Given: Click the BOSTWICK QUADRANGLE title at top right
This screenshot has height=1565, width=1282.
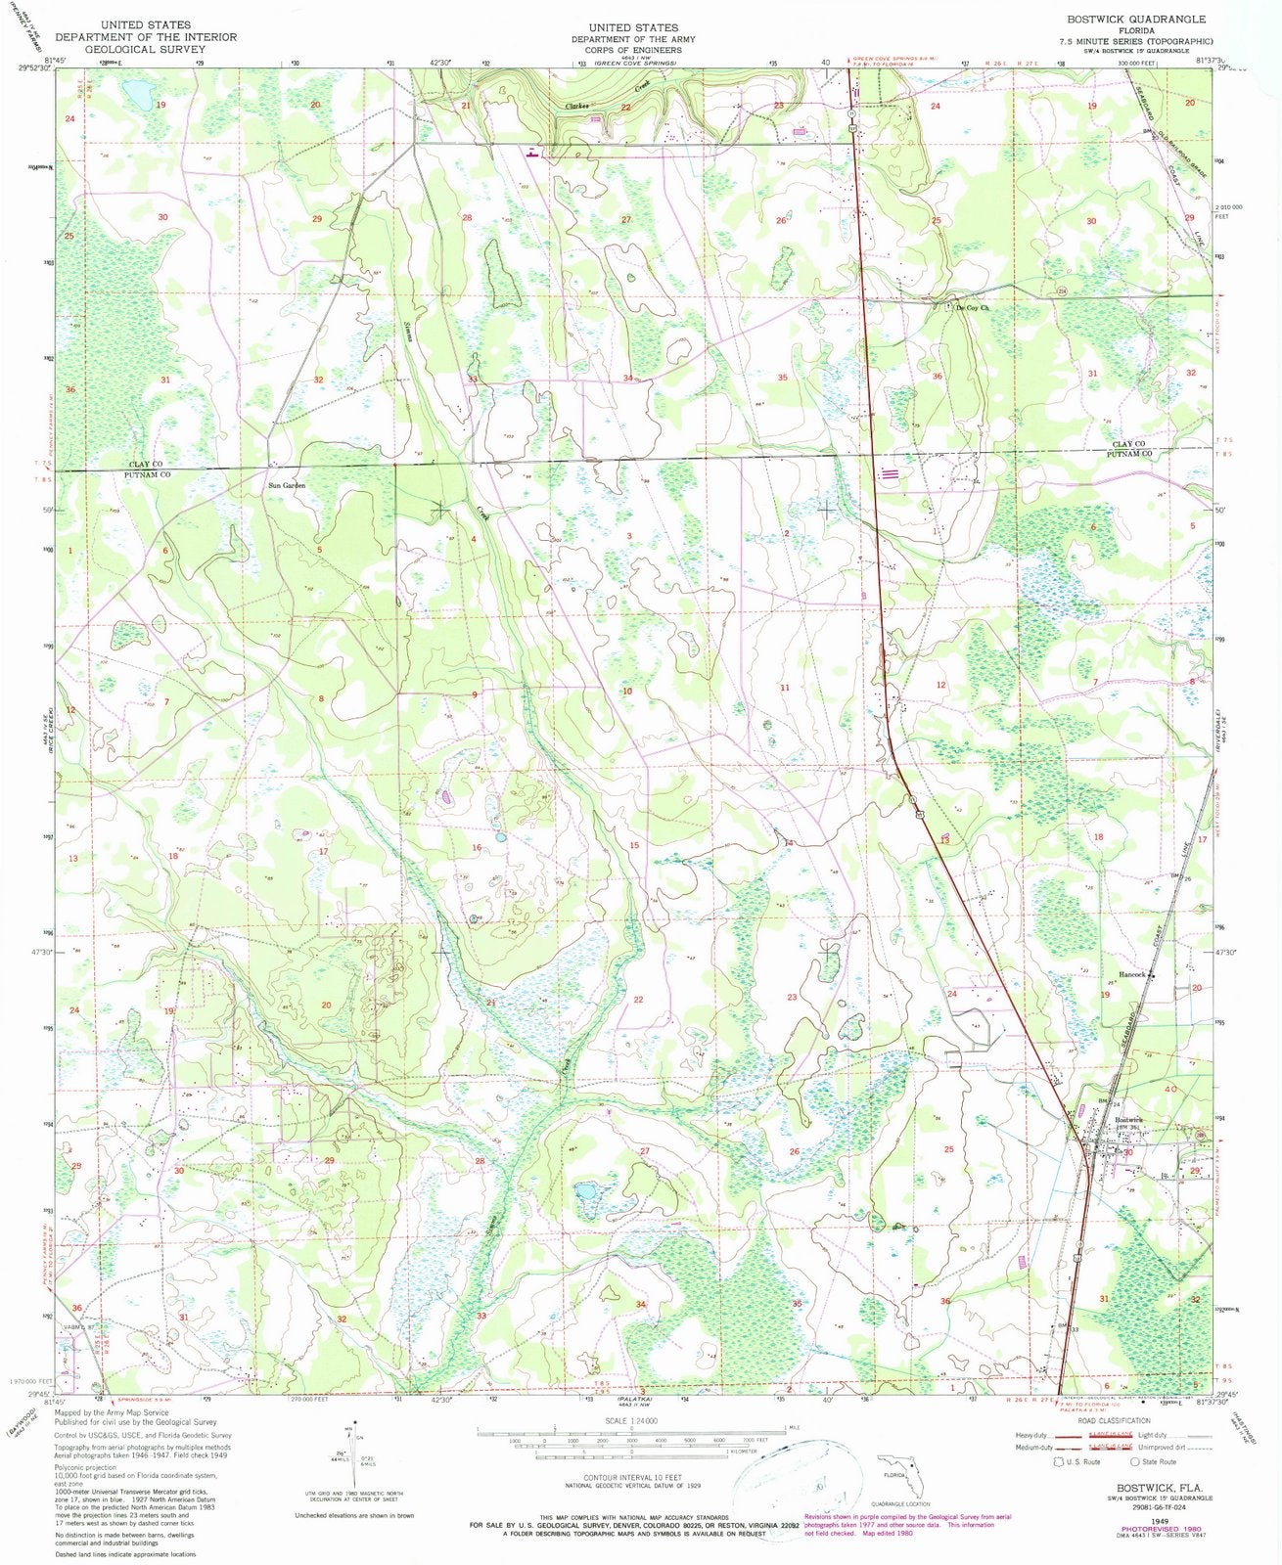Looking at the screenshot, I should [x=1139, y=20].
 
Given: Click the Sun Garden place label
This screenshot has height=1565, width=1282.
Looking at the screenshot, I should [x=288, y=485].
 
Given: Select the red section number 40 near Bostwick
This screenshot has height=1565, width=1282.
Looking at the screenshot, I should [x=1169, y=1089].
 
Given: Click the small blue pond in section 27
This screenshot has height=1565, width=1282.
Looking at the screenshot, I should [x=586, y=1194].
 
